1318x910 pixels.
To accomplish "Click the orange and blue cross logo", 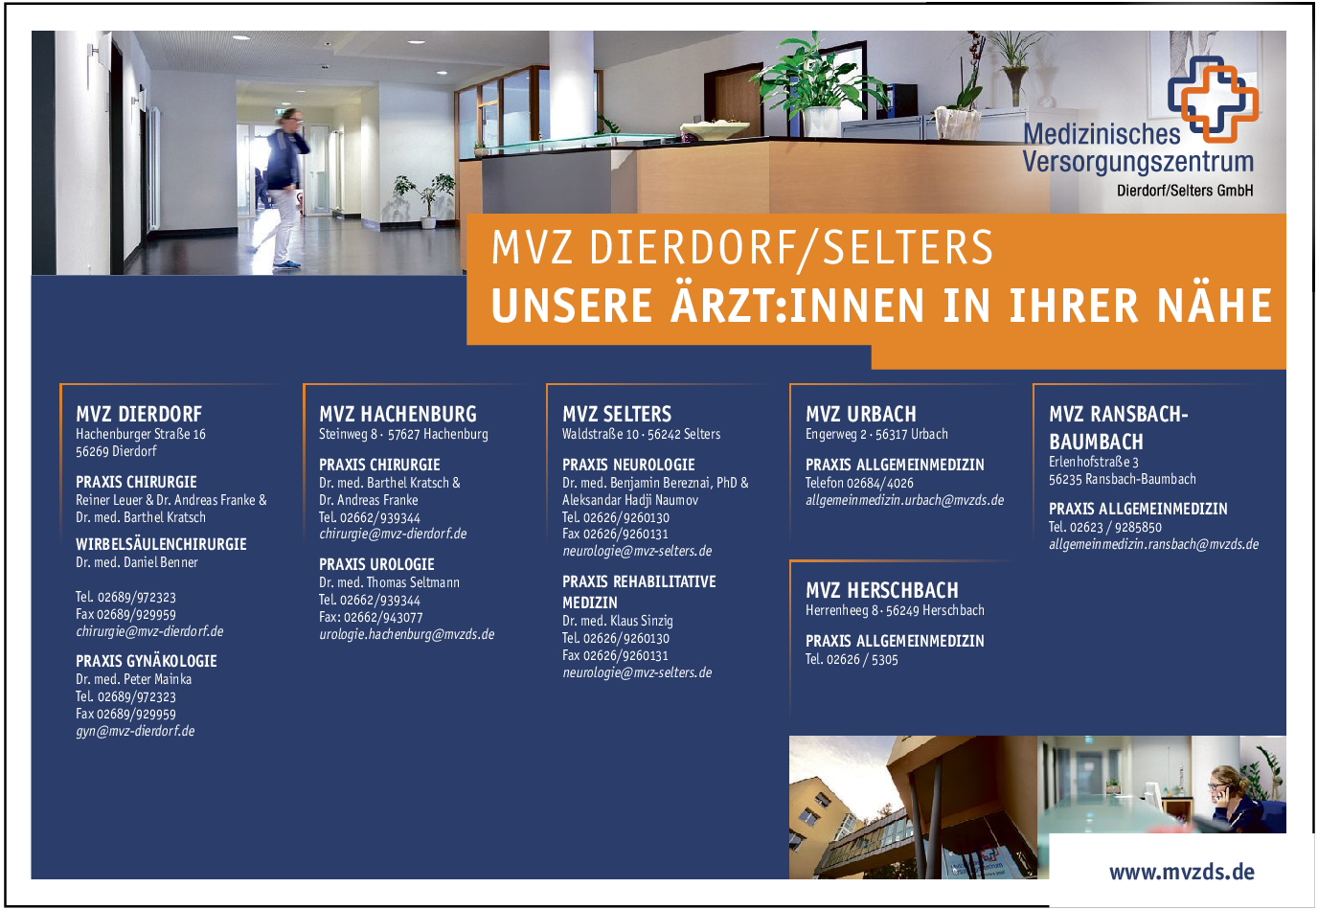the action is [x=1214, y=99].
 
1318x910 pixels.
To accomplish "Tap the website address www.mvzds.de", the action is [x=1181, y=872].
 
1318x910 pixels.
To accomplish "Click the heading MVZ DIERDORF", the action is [x=139, y=414].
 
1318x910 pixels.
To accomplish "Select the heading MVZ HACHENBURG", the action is [x=398, y=414].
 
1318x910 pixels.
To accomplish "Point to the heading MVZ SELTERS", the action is [x=617, y=414].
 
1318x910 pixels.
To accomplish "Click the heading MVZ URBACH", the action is [x=861, y=414].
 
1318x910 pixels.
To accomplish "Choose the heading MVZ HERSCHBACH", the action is [x=882, y=590].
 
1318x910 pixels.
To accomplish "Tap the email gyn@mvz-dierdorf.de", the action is [x=135, y=731].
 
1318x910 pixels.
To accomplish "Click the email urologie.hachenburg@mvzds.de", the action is [x=406, y=634].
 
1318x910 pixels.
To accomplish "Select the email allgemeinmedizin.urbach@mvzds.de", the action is [x=904, y=500].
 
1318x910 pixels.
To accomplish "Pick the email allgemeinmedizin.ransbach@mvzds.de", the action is [x=1154, y=544].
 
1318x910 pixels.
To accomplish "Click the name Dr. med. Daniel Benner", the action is [x=137, y=562].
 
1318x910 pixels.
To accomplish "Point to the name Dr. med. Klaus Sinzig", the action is [x=617, y=621].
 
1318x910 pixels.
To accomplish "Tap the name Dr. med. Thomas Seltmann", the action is [x=389, y=582].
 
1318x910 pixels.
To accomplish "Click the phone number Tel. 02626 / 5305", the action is [x=852, y=659].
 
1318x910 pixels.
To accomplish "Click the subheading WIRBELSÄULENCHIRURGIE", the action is [x=161, y=544].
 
